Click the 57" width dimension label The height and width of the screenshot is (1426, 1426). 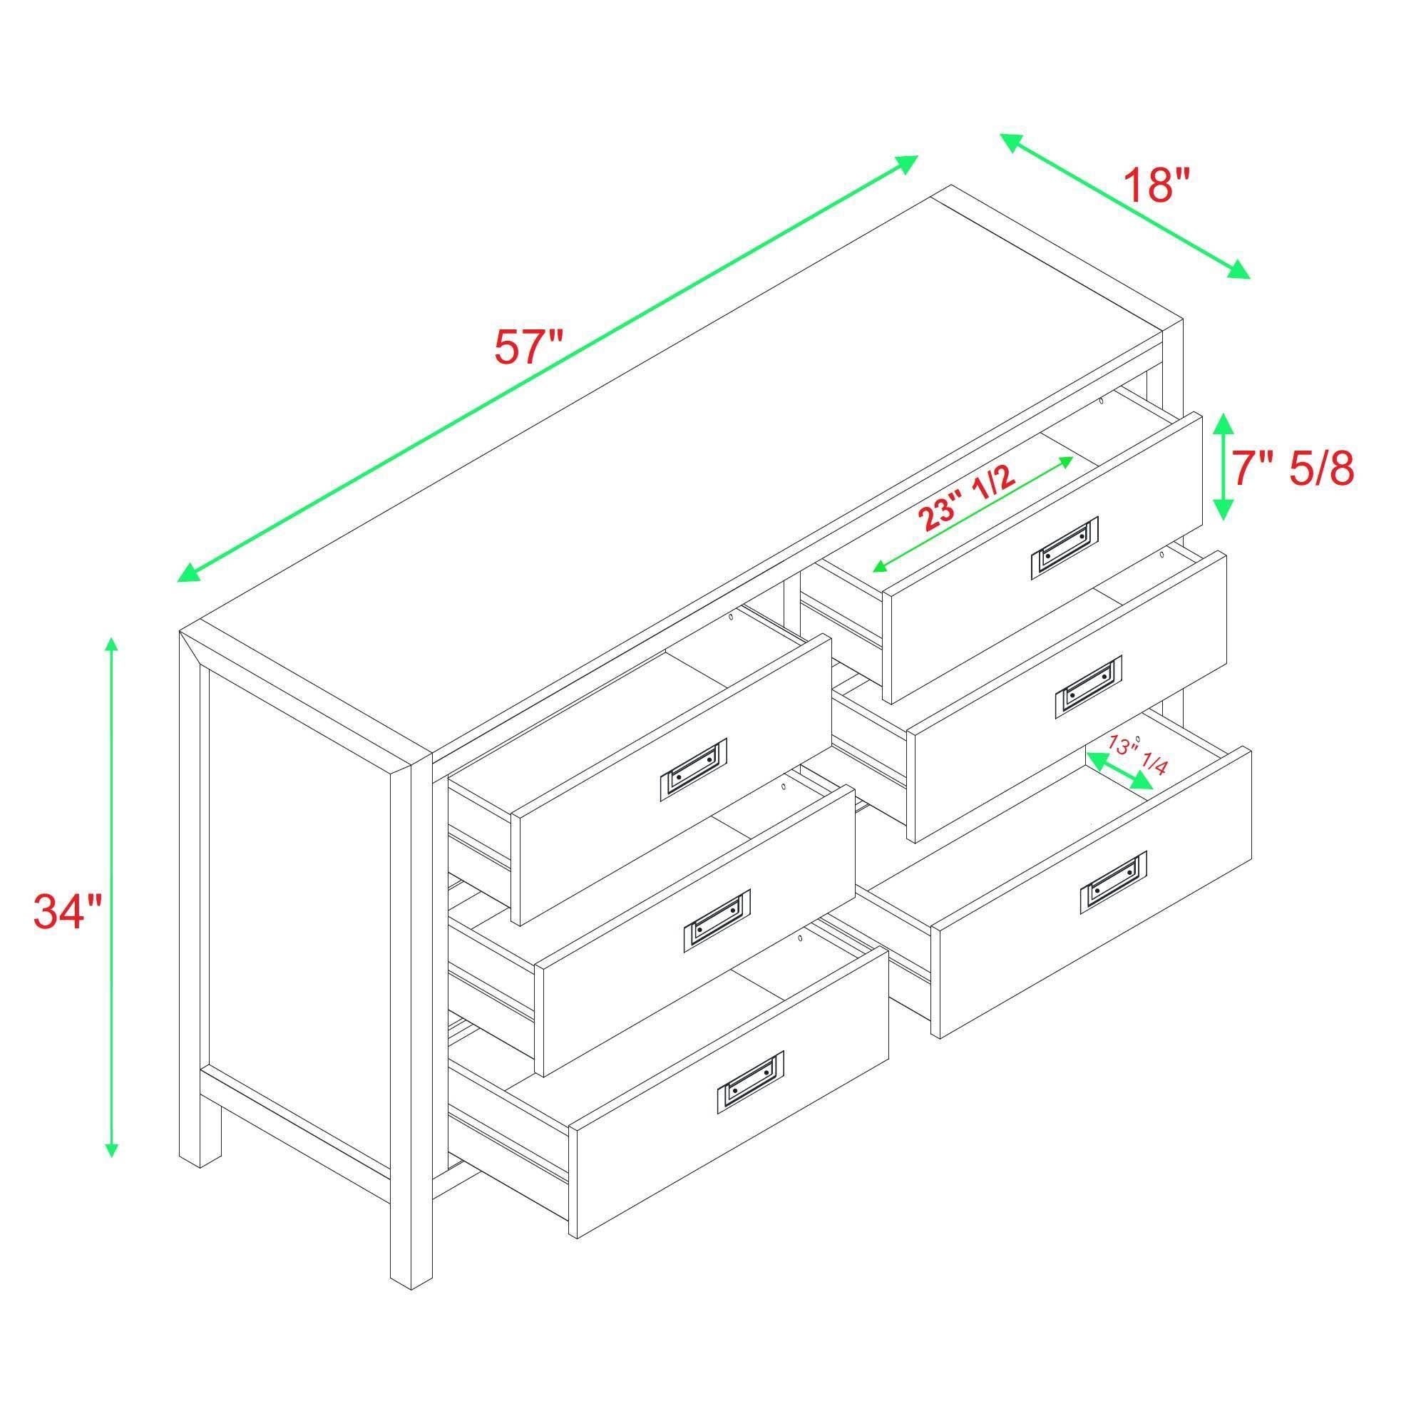coord(528,347)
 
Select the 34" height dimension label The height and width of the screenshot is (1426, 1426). coord(67,911)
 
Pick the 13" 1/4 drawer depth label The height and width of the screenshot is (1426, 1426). coord(1136,755)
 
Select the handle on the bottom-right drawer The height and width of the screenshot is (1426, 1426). coord(1113,882)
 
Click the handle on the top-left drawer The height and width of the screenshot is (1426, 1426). coord(692,769)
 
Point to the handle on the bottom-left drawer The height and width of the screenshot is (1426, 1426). coord(749,1083)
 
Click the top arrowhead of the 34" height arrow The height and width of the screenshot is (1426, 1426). coord(111,645)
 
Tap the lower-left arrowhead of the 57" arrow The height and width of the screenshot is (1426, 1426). coord(188,575)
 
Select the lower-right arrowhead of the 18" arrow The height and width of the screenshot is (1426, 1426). coord(1240,271)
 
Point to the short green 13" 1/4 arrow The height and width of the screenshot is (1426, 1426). coord(1119,771)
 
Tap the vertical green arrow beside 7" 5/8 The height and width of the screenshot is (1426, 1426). coord(1223,466)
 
